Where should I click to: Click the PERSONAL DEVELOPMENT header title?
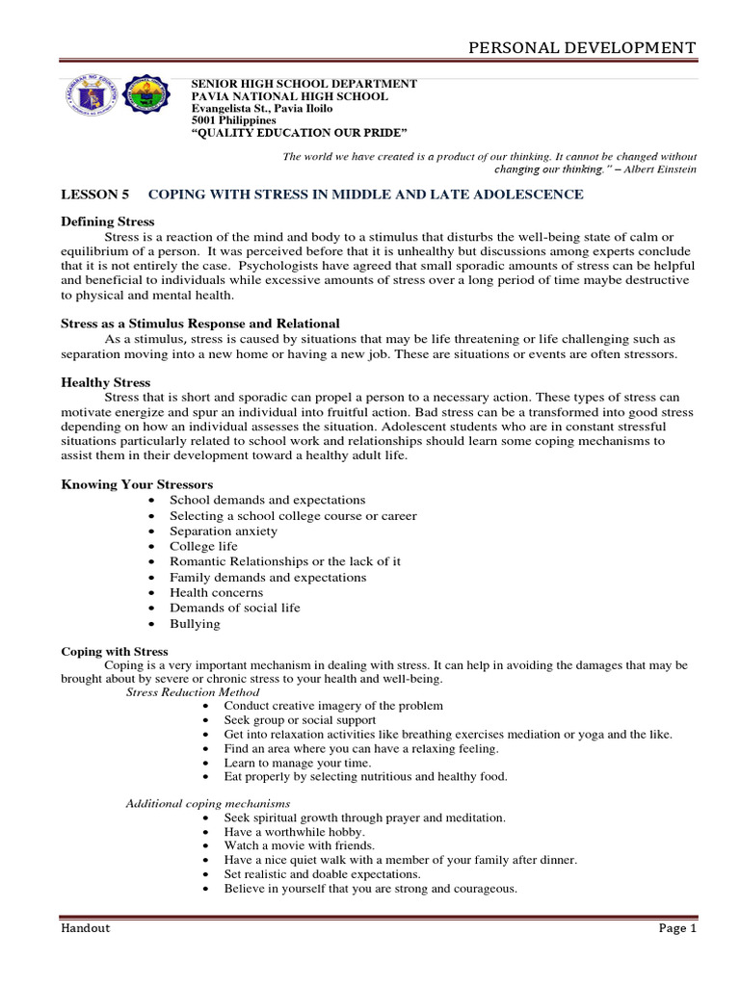[x=581, y=47]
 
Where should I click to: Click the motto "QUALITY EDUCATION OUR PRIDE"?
[x=300, y=132]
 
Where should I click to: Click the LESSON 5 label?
[x=94, y=195]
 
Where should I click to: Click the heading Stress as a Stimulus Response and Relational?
[x=200, y=323]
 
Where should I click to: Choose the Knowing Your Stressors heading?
[x=137, y=483]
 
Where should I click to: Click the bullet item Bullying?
[x=195, y=623]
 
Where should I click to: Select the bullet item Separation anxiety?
[x=224, y=531]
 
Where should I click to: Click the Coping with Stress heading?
[x=115, y=651]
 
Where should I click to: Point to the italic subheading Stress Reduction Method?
[x=193, y=691]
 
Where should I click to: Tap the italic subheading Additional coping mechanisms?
[x=208, y=803]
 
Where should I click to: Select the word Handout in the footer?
[x=86, y=928]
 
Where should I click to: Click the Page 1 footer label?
[x=676, y=928]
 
